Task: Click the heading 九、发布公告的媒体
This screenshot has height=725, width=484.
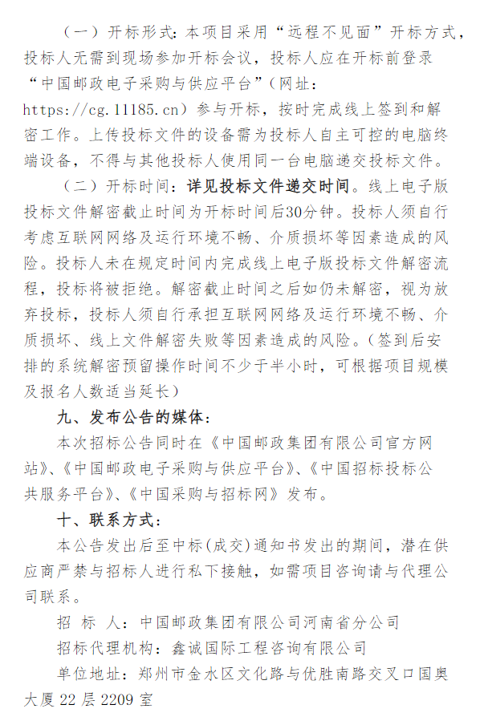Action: coord(134,417)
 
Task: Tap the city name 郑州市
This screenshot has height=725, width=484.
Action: coord(157,672)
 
